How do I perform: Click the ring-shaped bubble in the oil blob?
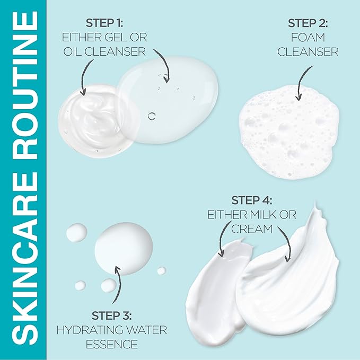pyautogui.click(x=153, y=116)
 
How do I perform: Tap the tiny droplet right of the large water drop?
pyautogui.click(x=161, y=271)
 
